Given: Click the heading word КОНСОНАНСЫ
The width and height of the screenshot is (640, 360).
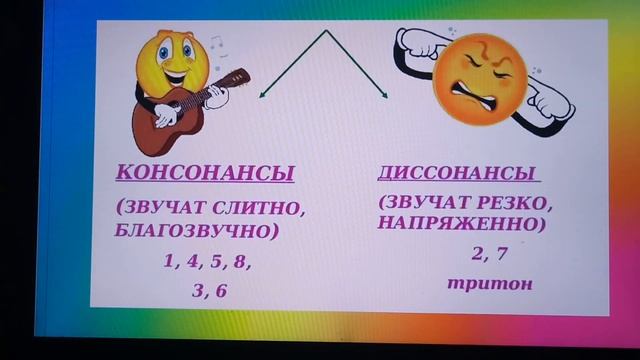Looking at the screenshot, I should coord(205,174).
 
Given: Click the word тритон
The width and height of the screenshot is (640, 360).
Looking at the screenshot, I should coord(489,283).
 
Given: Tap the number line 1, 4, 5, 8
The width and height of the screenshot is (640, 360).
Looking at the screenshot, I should coord(207,262).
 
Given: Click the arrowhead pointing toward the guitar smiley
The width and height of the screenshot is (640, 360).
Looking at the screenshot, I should coord(263,96).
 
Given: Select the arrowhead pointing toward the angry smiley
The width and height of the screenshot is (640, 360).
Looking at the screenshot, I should coord(385,96).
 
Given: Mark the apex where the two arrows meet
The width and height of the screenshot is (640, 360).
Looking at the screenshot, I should coord(325,32).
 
